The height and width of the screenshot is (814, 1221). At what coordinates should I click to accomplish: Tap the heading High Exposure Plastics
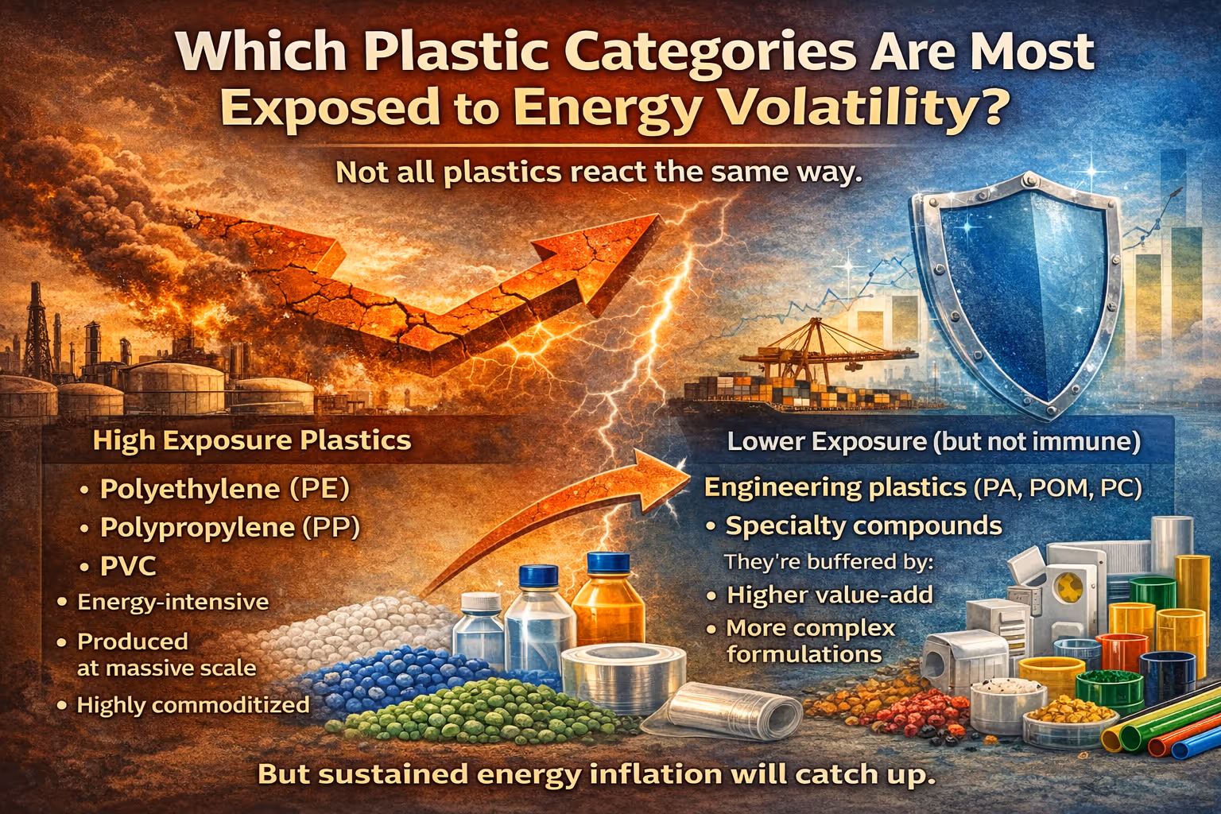click(252, 440)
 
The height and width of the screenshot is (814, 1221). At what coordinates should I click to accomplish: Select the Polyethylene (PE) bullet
click(224, 488)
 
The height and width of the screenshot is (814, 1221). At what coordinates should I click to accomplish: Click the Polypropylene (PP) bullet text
click(230, 527)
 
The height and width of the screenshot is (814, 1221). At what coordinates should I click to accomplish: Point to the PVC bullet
click(128, 566)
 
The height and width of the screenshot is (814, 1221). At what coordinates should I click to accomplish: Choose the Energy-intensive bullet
click(172, 602)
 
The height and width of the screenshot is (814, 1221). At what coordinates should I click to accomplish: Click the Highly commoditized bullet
click(192, 704)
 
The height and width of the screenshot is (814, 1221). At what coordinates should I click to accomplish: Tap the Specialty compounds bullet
click(863, 525)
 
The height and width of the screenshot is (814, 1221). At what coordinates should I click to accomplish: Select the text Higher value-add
click(829, 595)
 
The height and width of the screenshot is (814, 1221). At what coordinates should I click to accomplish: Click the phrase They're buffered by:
click(828, 561)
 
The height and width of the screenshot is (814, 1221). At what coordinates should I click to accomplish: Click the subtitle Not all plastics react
click(599, 172)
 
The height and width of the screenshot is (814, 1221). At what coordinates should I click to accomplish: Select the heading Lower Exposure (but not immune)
click(933, 441)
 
